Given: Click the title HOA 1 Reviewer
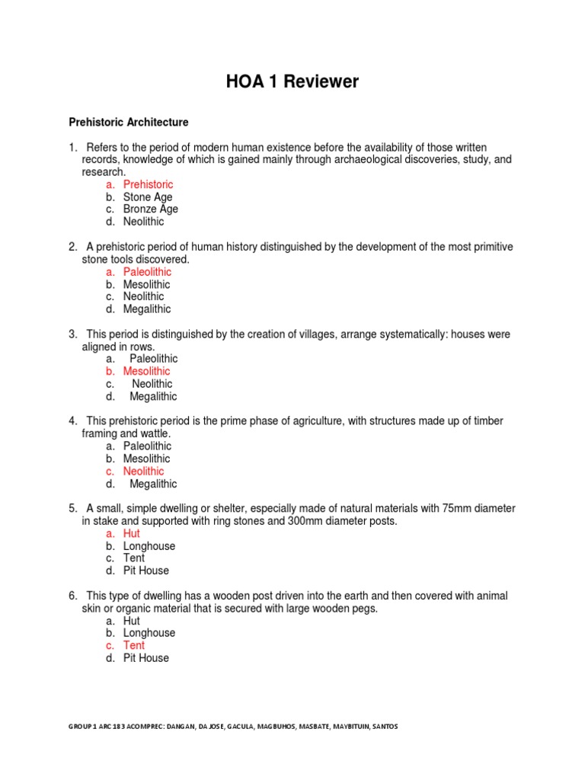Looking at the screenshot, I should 292,82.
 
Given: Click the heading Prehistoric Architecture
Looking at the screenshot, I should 129,122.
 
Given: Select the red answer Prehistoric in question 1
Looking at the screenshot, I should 148,184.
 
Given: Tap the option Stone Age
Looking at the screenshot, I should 148,197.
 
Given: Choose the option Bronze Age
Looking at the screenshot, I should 151,209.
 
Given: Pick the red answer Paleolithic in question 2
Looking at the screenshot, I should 147,272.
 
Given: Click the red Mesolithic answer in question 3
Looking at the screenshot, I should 147,371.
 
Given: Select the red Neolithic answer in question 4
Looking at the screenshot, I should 143,472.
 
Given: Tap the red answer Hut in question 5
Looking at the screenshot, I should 132,534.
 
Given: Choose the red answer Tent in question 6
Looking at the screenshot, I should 134,645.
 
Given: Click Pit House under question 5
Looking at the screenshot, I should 146,571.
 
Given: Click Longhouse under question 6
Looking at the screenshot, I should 149,633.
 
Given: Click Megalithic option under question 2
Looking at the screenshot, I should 147,309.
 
